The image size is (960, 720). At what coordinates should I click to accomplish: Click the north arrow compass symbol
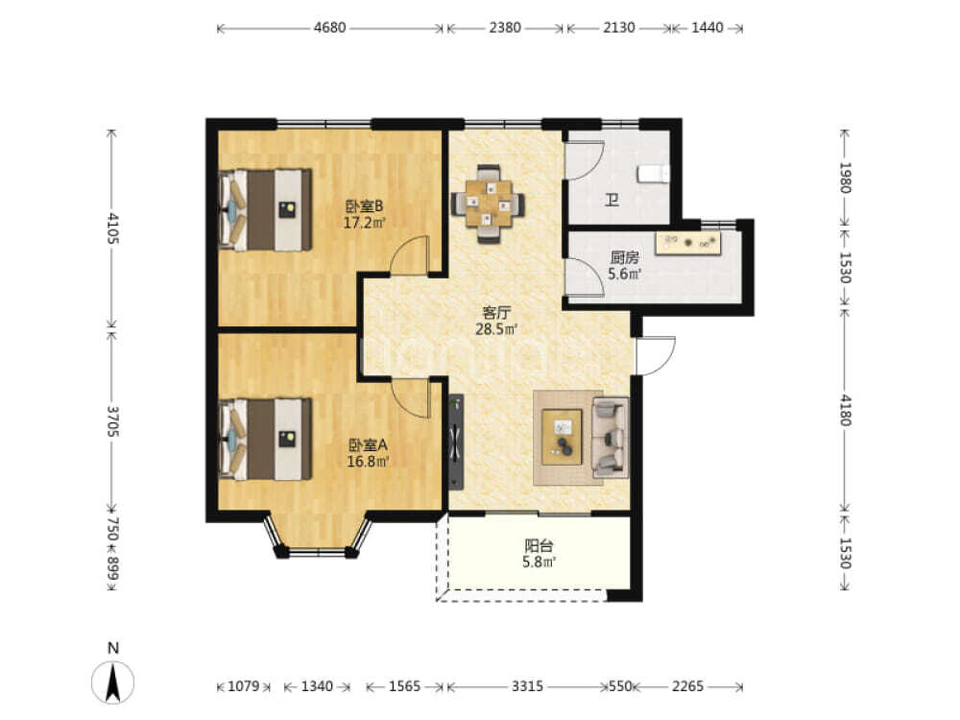[x=112, y=682]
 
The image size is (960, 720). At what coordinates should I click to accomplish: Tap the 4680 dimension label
[x=329, y=28]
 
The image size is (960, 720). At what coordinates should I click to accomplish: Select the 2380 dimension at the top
[x=505, y=28]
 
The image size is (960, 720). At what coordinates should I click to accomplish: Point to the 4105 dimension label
[x=112, y=228]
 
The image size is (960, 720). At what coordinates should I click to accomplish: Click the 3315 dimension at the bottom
[x=527, y=686]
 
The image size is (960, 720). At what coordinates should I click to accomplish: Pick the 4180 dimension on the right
[x=845, y=410]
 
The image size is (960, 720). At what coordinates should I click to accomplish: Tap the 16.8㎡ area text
[x=368, y=462]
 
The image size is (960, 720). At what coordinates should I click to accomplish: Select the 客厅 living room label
[x=496, y=312]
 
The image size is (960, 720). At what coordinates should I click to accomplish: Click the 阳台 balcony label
[x=539, y=545]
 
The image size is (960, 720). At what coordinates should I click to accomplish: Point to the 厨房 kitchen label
[x=624, y=257]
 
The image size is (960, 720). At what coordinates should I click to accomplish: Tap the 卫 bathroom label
[x=612, y=200]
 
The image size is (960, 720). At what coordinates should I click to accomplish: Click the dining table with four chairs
[x=488, y=204]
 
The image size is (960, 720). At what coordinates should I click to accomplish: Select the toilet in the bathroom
[x=653, y=174]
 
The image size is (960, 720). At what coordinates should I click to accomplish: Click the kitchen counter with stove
[x=688, y=243]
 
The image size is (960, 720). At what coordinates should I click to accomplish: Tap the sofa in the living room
[x=611, y=437]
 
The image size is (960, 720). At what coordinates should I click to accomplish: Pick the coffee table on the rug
[x=562, y=437]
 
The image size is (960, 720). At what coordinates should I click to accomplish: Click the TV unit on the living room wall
[x=456, y=442]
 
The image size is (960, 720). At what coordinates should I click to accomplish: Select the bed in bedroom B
[x=265, y=209]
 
